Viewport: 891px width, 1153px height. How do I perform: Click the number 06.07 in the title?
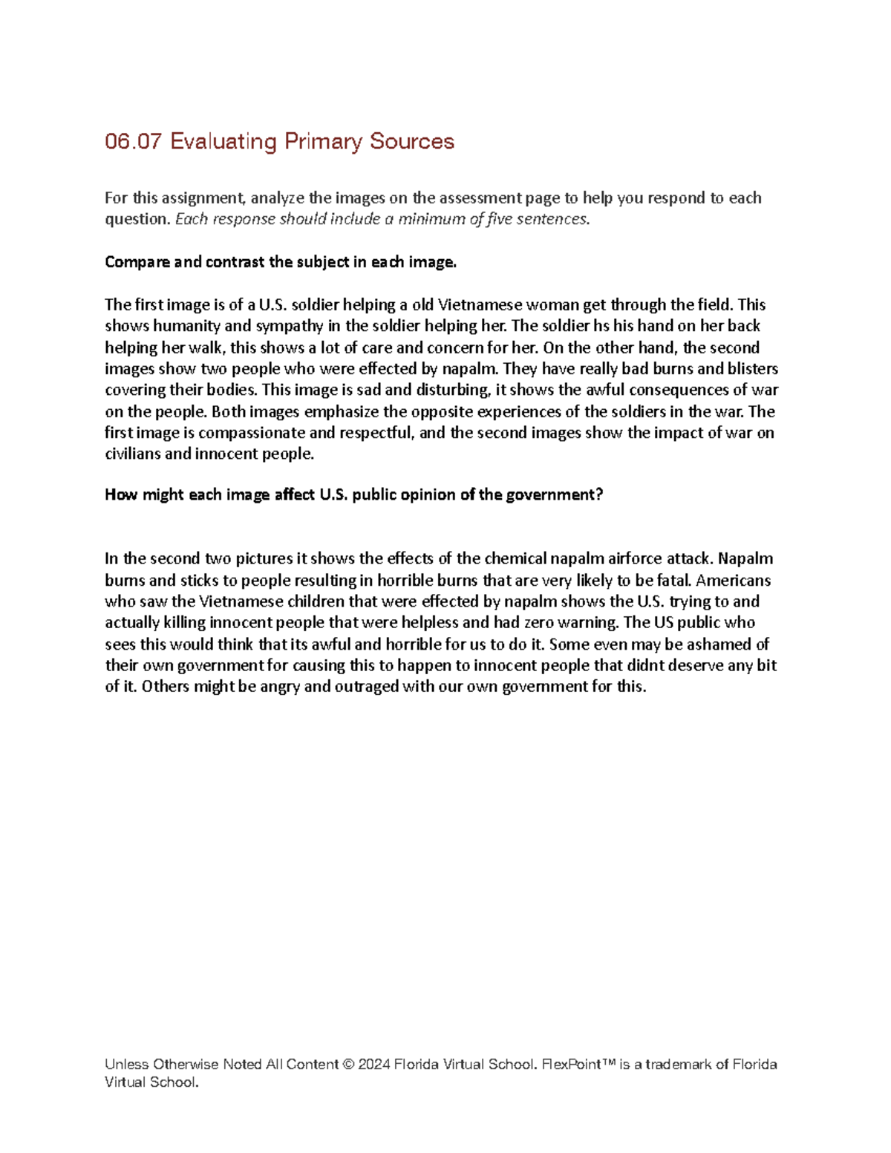click(133, 141)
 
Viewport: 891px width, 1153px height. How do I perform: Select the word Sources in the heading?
click(412, 141)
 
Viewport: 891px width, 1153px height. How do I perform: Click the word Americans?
click(733, 581)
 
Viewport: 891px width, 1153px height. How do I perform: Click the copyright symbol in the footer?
click(347, 1065)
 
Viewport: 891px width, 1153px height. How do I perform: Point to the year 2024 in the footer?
click(373, 1065)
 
